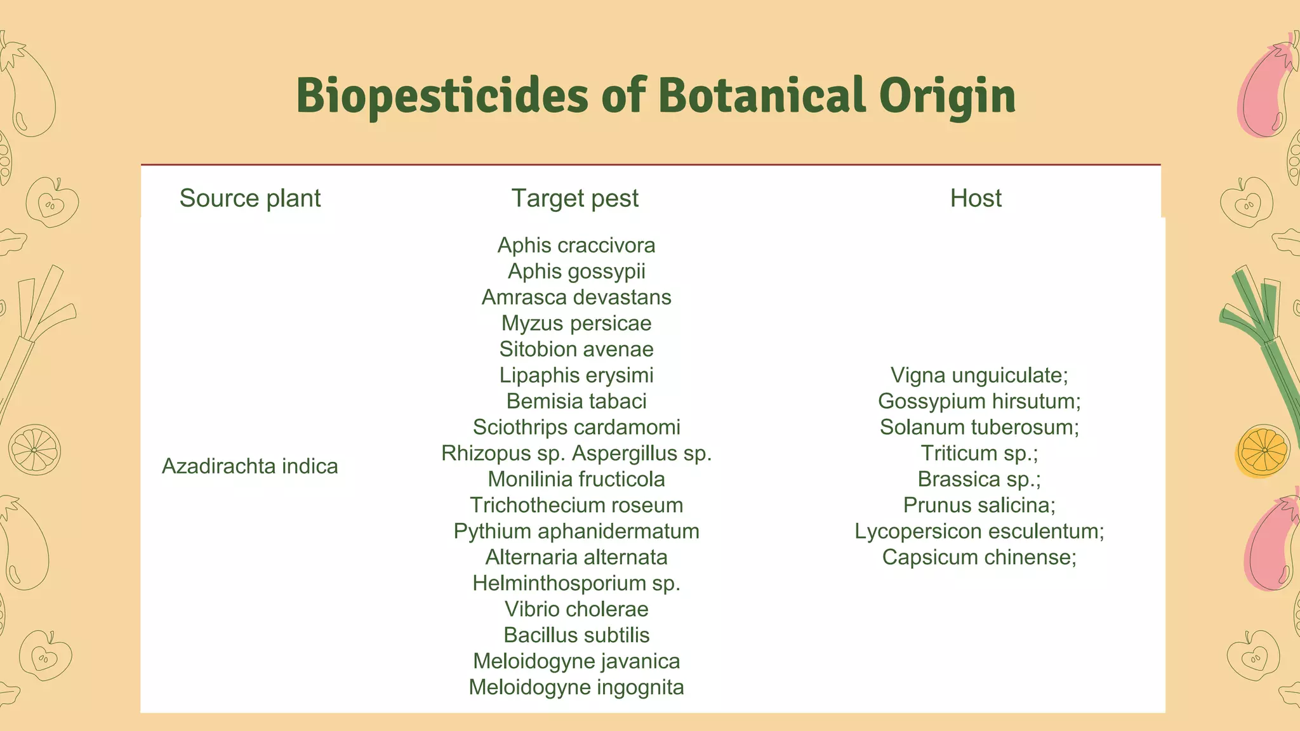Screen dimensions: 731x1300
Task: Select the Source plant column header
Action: [250, 198]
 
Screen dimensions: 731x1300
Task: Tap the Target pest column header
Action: [575, 198]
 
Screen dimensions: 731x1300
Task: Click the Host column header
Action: [976, 198]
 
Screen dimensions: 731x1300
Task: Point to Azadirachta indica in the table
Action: [250, 466]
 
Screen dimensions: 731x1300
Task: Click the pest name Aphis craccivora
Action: [576, 245]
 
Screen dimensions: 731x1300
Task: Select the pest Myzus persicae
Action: [576, 323]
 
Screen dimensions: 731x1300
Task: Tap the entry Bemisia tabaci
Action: [576, 401]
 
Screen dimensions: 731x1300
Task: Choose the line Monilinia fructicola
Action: [576, 479]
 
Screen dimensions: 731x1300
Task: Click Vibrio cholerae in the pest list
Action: [576, 609]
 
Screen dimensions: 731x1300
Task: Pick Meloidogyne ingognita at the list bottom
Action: [576, 687]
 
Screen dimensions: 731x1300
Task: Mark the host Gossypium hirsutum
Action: [979, 401]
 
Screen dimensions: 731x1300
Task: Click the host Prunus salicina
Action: [979, 505]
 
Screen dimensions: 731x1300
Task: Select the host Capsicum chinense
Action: [979, 557]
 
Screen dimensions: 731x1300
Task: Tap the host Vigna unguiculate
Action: [979, 375]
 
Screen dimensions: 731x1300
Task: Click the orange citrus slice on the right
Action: [1263, 451]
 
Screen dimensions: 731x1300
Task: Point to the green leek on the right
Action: [1263, 343]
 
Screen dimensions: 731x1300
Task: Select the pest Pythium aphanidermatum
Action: [576, 531]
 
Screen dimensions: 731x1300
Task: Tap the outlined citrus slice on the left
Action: [34, 449]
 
